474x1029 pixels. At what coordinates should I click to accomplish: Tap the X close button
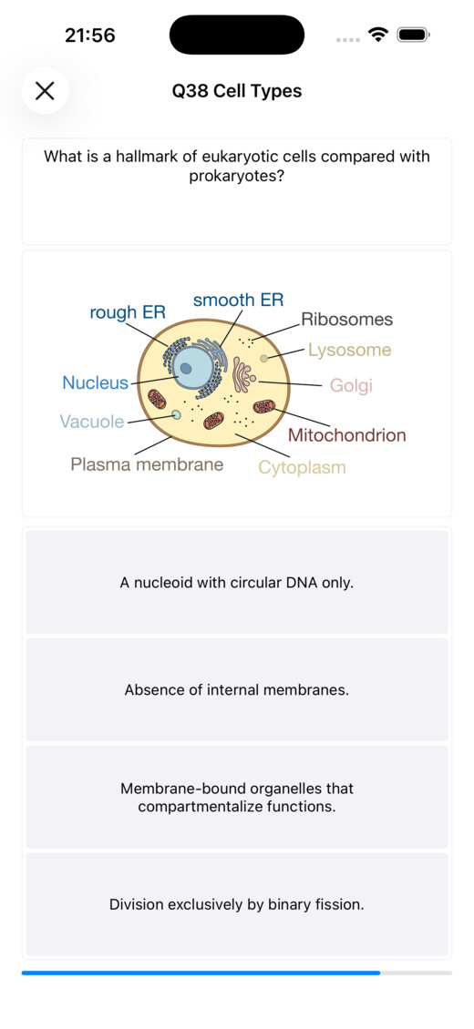pos(45,90)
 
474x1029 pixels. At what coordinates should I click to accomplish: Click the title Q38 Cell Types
pos(237,91)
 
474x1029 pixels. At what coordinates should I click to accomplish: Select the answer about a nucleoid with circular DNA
pos(237,582)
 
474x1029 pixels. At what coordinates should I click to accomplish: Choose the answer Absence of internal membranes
pos(237,689)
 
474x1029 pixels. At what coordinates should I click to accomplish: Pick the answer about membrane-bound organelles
pos(237,797)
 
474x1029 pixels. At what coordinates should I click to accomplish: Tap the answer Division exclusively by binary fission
pos(237,904)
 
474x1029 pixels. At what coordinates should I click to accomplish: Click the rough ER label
pos(128,312)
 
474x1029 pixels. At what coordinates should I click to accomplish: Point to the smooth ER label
pos(238,300)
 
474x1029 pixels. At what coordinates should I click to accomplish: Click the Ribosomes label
pos(346,320)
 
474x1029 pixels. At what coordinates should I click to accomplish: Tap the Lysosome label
pos(350,350)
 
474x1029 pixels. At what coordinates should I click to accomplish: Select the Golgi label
pos(351,385)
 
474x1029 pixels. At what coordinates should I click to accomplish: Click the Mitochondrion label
pos(347,434)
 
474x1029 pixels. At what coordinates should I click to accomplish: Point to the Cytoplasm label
pos(302,467)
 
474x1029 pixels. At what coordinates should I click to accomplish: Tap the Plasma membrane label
pos(147,464)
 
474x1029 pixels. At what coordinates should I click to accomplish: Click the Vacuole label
pos(92,422)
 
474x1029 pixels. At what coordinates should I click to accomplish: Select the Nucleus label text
pos(95,382)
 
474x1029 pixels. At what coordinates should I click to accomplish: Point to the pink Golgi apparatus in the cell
pos(243,376)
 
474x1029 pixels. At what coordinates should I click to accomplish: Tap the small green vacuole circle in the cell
pos(176,414)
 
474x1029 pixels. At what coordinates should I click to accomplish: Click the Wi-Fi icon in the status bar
pos(378,34)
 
